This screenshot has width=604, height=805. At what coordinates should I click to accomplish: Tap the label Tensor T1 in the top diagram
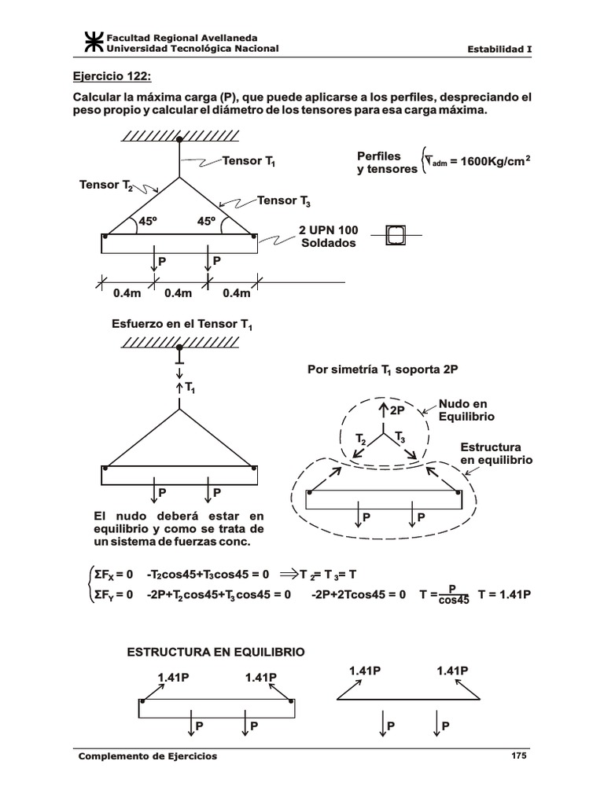click(248, 161)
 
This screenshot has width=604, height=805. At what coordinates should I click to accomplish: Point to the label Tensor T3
click(283, 201)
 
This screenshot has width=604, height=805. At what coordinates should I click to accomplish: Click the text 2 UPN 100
click(328, 230)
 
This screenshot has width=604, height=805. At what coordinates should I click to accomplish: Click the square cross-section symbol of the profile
click(397, 234)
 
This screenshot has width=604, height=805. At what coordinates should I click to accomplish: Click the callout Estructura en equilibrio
click(495, 453)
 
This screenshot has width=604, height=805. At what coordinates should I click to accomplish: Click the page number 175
click(518, 755)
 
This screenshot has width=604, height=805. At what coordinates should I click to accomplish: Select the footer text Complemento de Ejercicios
click(147, 756)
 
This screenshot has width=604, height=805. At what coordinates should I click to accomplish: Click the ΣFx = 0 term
click(113, 575)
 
